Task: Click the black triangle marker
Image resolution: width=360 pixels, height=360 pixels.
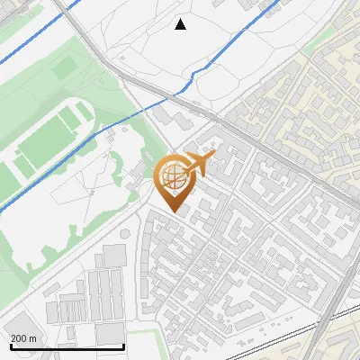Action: click(x=181, y=24)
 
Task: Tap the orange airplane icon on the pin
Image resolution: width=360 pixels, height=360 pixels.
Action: click(x=200, y=165)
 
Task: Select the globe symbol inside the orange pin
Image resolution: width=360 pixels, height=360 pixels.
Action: click(x=174, y=177)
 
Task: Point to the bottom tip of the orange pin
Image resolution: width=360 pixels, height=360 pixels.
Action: click(x=175, y=212)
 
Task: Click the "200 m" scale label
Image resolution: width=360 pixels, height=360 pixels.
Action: click(x=24, y=337)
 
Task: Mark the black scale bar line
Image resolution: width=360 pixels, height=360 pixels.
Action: click(x=67, y=346)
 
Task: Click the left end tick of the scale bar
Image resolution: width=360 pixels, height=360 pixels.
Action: click(x=11, y=345)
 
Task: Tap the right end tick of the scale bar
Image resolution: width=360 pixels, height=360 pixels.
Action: click(x=123, y=345)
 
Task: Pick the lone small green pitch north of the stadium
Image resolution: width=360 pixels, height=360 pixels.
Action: click(x=63, y=67)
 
